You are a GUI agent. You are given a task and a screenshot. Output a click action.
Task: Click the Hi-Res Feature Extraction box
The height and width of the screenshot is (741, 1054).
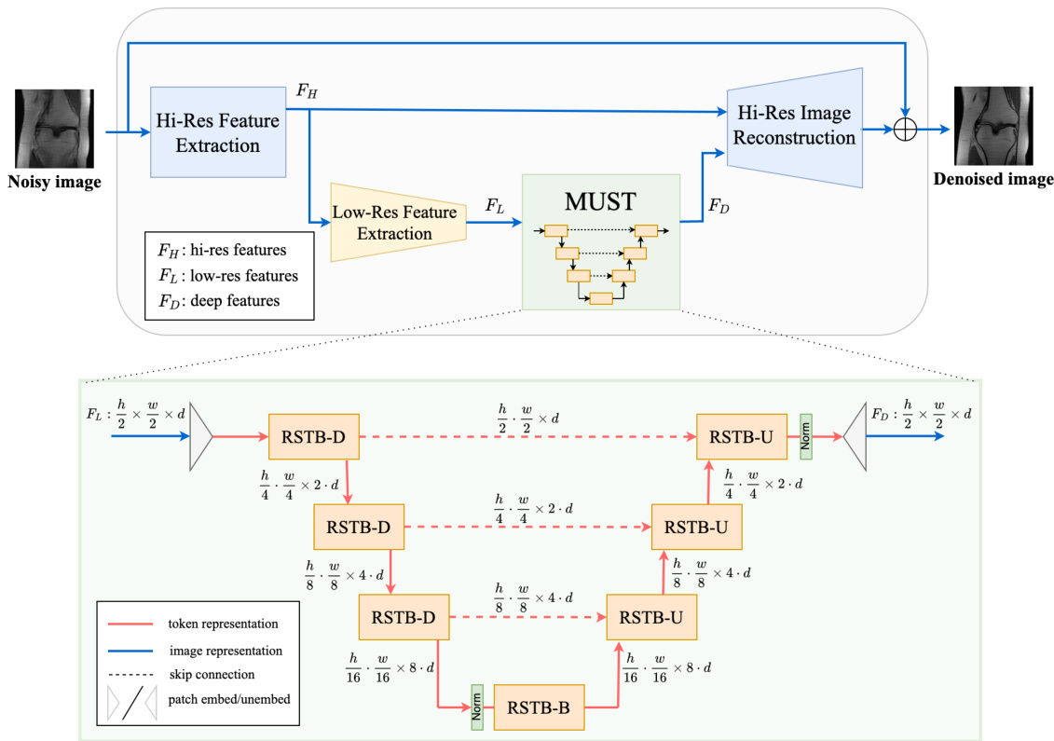(217, 132)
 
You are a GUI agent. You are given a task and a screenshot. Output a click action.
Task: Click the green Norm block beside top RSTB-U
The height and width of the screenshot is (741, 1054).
(806, 433)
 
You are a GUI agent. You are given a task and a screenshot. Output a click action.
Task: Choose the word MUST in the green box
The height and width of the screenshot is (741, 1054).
(600, 202)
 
